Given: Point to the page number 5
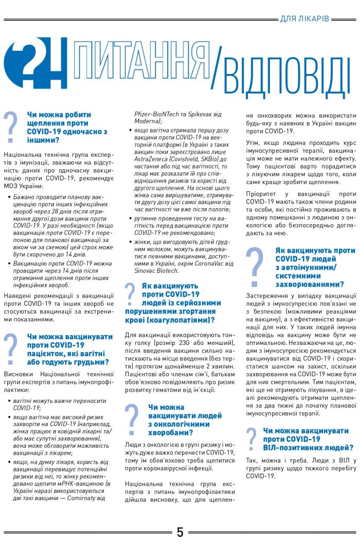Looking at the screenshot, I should [x=180, y=532].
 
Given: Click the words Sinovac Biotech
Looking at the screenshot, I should [x=153, y=270].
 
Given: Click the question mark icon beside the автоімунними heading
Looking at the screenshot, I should [x=255, y=267].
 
